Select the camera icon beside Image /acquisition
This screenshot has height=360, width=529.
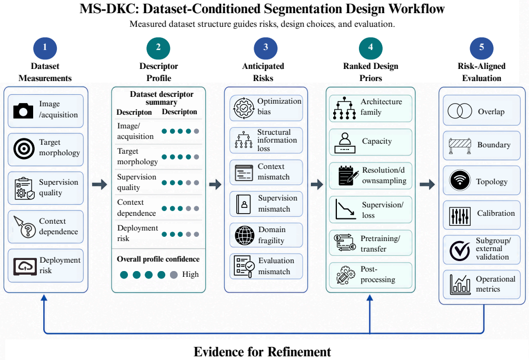pos(23,111)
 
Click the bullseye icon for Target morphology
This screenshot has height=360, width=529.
pos(24,148)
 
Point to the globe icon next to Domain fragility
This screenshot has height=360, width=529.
pos(245,235)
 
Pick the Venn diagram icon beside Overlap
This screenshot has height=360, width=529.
pos(460,111)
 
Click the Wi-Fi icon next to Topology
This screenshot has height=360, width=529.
pos(460,180)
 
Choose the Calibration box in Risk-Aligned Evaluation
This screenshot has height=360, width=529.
pos(482,215)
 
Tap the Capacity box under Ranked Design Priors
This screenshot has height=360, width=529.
pos(371,142)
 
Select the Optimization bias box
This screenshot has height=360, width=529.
pos(266,108)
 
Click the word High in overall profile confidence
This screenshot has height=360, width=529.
pos(190,274)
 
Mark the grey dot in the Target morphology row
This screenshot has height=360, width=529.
pos(196,157)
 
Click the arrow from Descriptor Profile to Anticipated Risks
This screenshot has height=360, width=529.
pos(215,184)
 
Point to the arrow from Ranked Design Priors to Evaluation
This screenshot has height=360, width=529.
pos(427,184)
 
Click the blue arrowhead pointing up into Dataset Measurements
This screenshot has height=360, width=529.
pos(44,297)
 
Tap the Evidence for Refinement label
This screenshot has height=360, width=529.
pos(262,352)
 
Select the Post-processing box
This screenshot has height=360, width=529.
pos(371,275)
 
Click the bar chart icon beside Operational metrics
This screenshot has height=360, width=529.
pos(460,284)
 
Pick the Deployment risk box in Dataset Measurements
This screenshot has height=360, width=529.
pos(46,266)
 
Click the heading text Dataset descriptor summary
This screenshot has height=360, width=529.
pos(161,98)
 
